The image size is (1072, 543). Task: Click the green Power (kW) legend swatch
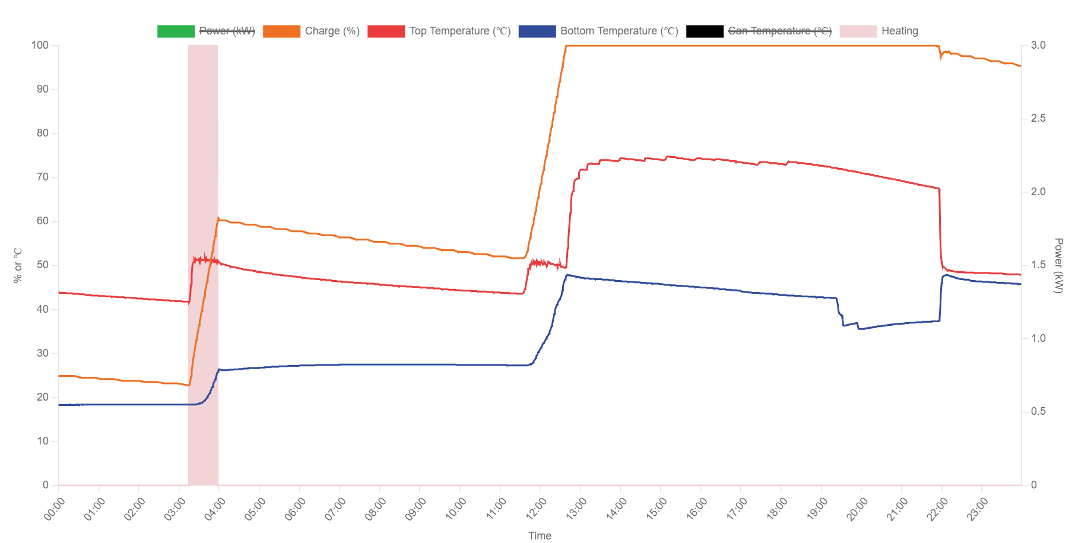(x=176, y=31)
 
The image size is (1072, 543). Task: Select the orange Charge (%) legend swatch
(x=281, y=31)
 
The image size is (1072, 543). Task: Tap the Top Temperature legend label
(x=459, y=31)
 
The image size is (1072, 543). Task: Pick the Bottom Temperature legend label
(x=619, y=31)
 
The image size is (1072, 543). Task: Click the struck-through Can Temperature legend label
(x=779, y=31)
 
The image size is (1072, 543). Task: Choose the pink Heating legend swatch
(x=858, y=31)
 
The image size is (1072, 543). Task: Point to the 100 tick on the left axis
(x=40, y=46)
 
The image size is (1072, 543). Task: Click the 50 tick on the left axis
(x=42, y=265)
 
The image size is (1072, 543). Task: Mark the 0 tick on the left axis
(x=45, y=485)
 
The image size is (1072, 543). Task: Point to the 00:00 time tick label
(x=55, y=509)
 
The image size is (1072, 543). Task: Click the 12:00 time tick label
(x=536, y=509)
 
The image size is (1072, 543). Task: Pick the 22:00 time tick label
(x=937, y=509)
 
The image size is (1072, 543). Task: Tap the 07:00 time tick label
(x=335, y=509)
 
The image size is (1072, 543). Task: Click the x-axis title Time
(x=540, y=535)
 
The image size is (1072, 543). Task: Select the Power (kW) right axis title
(x=1058, y=265)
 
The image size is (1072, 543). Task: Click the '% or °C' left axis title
(x=18, y=265)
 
